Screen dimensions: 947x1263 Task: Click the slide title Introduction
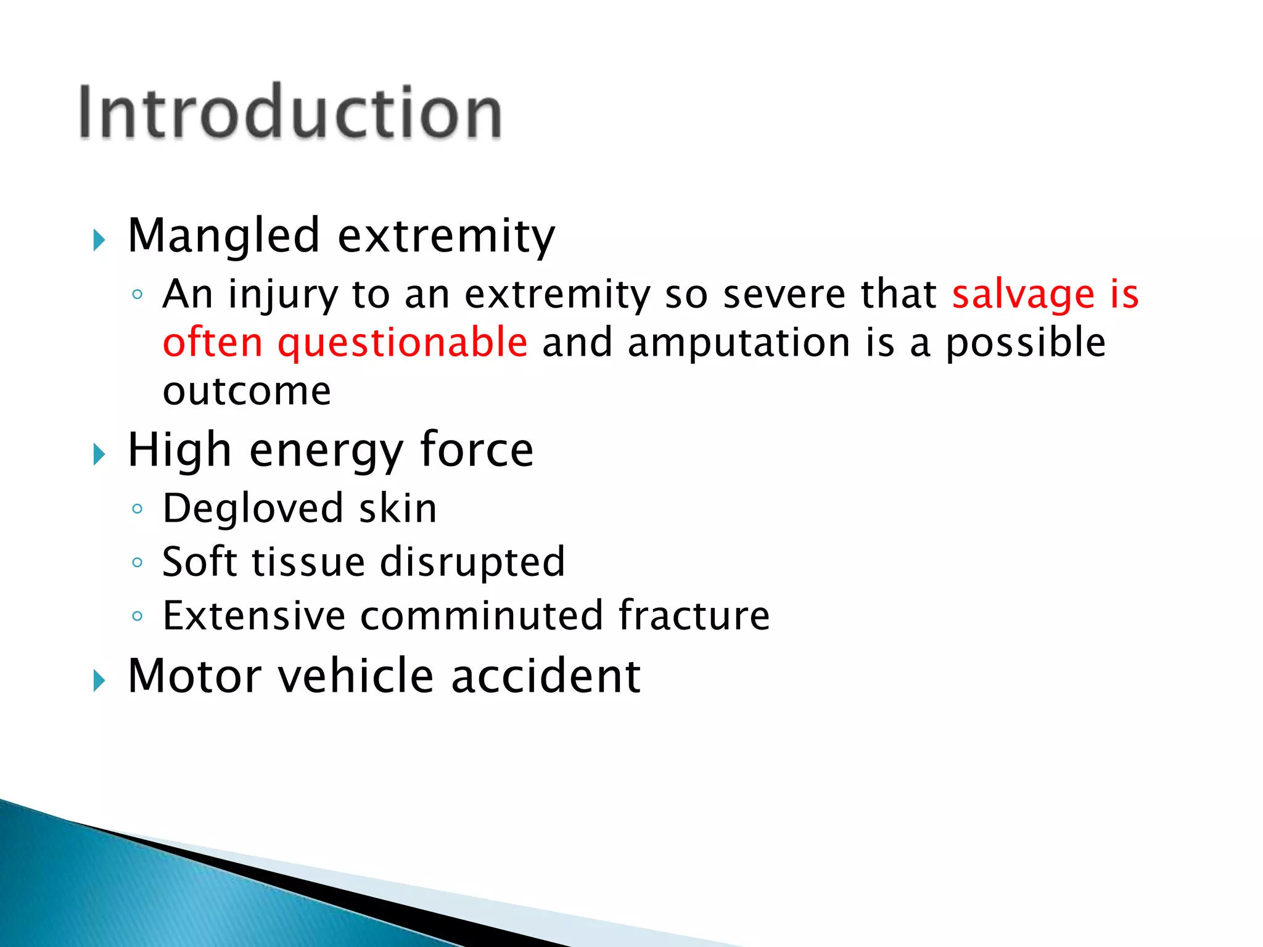pyautogui.click(x=290, y=112)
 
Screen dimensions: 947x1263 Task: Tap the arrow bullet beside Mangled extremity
pyautogui.click(x=99, y=240)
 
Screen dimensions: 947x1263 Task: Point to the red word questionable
pyautogui.click(x=402, y=343)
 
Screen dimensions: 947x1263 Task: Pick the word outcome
pyautogui.click(x=247, y=391)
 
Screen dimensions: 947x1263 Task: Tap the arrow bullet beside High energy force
pyautogui.click(x=99, y=454)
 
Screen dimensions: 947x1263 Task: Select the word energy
pyautogui.click(x=326, y=451)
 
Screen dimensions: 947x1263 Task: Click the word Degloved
pyautogui.click(x=253, y=509)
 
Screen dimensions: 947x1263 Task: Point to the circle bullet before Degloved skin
pyautogui.click(x=138, y=509)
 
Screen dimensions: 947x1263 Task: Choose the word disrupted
pyautogui.click(x=472, y=563)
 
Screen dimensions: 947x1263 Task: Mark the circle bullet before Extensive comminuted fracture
pyautogui.click(x=138, y=616)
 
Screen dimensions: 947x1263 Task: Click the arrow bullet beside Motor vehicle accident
pyautogui.click(x=99, y=681)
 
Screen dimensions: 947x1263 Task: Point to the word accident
pyautogui.click(x=546, y=676)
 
